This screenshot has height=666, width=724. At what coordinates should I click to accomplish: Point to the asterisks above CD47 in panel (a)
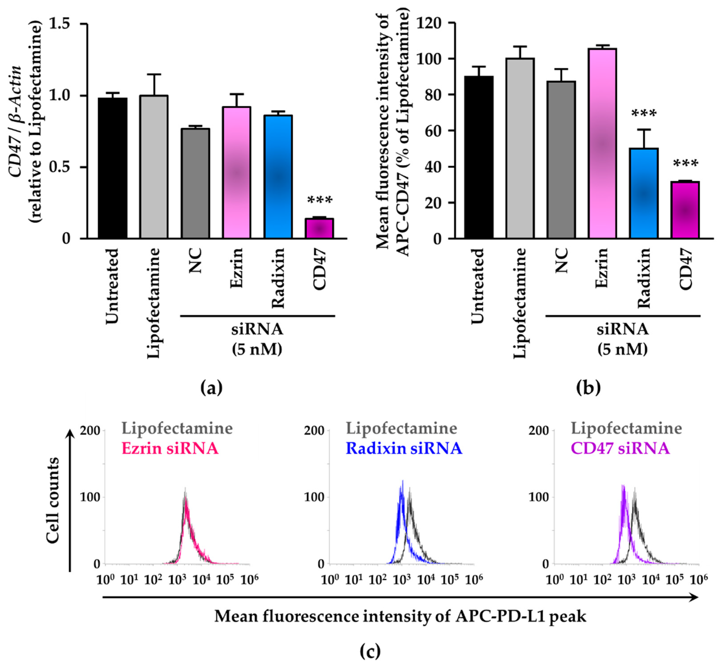click(319, 201)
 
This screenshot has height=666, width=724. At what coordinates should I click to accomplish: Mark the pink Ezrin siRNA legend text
click(170, 449)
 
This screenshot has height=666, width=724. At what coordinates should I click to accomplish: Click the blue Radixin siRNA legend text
click(403, 449)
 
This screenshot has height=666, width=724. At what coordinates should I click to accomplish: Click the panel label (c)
click(370, 651)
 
